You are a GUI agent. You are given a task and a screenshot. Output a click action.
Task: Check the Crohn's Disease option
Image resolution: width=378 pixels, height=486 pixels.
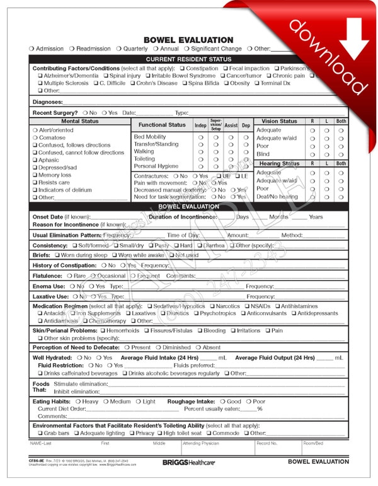[x=134, y=83]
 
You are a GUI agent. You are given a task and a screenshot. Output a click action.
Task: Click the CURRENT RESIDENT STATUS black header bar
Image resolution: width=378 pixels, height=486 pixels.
[x=188, y=59]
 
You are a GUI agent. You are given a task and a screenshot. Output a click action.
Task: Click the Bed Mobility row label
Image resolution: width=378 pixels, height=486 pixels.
[x=150, y=137]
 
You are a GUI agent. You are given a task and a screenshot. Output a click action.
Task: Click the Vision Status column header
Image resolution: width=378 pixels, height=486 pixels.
[x=279, y=121]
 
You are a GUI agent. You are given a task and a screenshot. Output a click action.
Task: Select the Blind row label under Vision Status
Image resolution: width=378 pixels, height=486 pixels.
[x=263, y=154]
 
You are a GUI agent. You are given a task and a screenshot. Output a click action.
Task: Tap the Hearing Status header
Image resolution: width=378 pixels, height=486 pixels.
[x=279, y=163]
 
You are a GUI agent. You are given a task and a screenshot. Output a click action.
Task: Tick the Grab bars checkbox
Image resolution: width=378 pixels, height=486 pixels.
[x=40, y=433]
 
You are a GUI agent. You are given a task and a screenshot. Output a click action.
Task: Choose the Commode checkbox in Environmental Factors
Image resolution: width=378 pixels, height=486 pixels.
[x=210, y=433]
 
